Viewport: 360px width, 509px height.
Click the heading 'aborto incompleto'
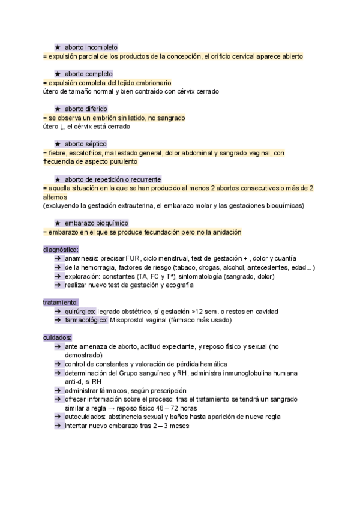[92, 47]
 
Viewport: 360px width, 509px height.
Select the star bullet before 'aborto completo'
[58, 74]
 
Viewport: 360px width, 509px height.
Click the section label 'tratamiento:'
[61, 302]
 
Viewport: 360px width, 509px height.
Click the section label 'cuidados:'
[58, 338]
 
